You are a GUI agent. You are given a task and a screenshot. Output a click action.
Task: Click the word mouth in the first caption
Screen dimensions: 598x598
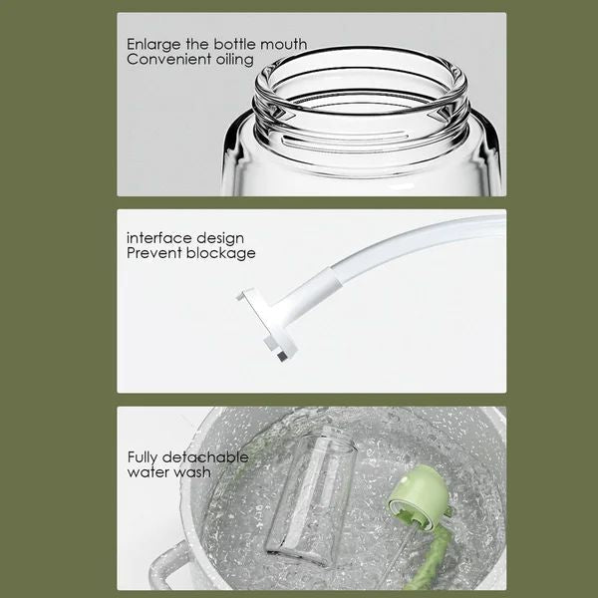(x=284, y=45)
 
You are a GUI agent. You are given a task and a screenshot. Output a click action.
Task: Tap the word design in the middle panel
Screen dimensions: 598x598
(x=219, y=238)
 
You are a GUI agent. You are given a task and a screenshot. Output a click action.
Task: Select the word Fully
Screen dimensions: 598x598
(x=146, y=457)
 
